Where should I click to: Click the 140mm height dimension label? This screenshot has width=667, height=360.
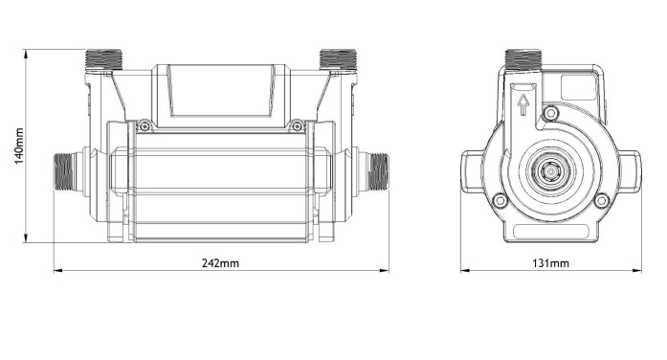19,146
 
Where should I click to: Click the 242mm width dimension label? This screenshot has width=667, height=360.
220,263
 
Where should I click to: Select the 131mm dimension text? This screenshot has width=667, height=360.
550,263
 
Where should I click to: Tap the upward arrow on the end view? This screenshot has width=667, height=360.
523,105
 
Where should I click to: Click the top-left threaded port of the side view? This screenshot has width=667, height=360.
103,59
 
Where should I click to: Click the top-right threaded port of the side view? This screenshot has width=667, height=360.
338,59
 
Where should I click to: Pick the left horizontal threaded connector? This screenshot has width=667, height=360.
64,172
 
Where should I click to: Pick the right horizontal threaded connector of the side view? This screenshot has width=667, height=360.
378,172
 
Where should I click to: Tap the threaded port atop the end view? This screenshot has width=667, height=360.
523,59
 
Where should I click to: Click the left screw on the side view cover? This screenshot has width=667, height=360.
145,126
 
